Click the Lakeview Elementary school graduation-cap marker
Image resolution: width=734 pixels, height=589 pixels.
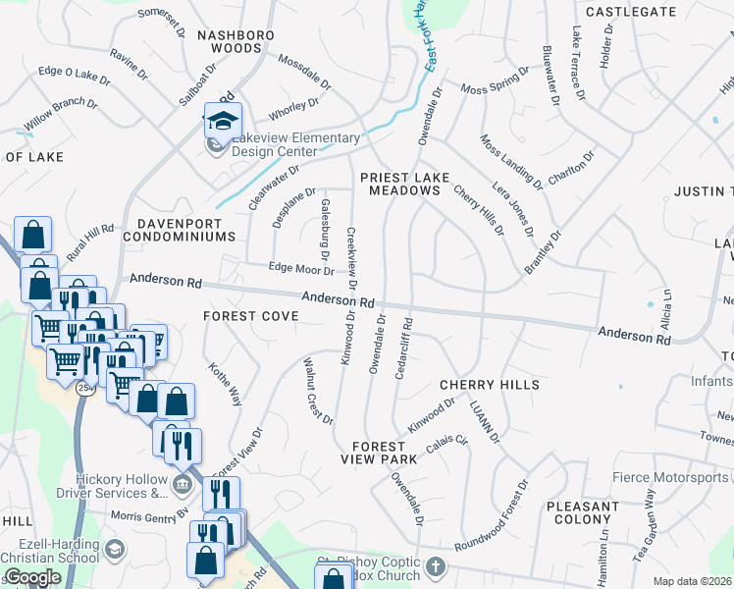223,120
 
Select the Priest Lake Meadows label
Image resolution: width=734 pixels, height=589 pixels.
404,185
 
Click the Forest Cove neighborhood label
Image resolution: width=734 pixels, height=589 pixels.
243,316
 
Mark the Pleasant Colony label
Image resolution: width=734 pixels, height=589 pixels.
583,512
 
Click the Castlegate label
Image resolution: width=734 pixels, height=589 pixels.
630,12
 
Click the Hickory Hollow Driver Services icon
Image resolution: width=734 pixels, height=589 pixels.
181,485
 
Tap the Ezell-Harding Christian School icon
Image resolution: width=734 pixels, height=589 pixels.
115,547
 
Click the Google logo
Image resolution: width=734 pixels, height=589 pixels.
31,577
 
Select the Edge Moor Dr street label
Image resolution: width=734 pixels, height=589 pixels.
301,267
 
